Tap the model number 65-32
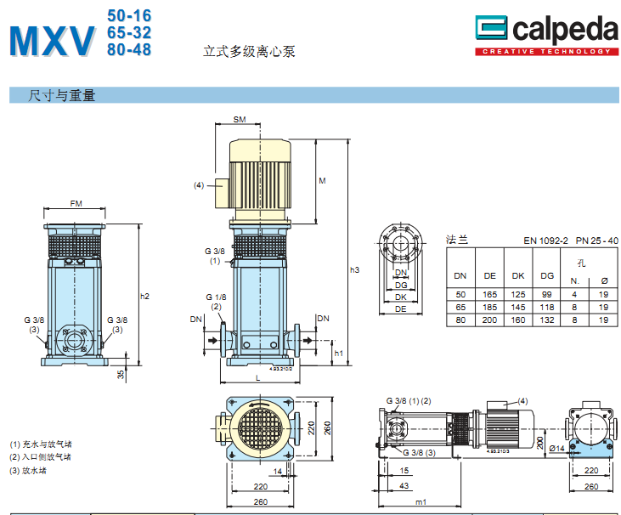click(129, 32)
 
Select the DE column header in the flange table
click(489, 275)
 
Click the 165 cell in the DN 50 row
click(489, 294)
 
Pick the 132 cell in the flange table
click(547, 320)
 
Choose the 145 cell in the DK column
click(518, 307)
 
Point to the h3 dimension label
click(355, 270)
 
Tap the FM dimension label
click(76, 204)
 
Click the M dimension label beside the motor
click(322, 181)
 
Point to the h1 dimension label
click(338, 353)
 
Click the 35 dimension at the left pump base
click(121, 373)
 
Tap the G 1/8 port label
click(215, 297)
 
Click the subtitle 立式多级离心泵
click(249, 51)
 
